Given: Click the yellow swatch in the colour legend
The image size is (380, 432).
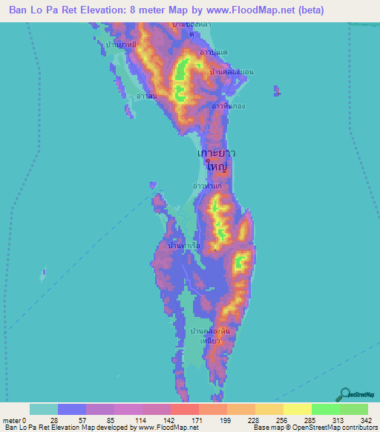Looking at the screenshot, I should pos(297,409).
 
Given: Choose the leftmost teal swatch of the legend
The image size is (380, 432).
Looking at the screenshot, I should pos(43,409).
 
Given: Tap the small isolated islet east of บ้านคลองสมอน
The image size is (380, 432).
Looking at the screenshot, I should pos(277,91).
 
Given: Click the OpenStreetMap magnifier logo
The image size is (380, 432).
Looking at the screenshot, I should pos(346,394).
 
